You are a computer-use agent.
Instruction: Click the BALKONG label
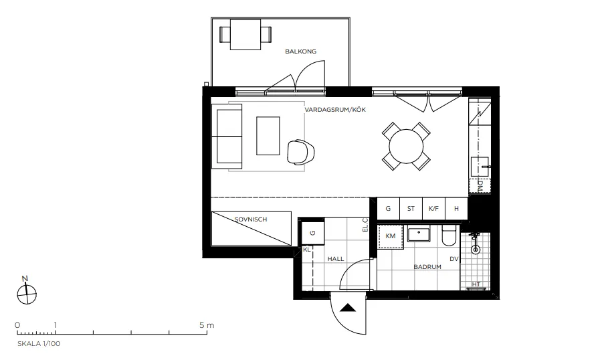coord(300,51)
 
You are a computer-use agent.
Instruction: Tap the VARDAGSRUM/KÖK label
coord(335,110)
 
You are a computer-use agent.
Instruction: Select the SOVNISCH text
coord(251,219)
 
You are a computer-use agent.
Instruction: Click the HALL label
coord(335,258)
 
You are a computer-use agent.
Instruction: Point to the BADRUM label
coord(427,266)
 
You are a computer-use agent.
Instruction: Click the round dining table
coord(406,145)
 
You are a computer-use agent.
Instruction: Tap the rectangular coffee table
coord(268,136)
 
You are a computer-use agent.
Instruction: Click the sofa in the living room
coord(228,137)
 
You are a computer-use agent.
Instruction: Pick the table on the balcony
coord(245,33)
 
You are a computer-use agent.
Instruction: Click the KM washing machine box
coord(391,236)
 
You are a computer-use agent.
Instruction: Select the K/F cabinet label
coord(433,209)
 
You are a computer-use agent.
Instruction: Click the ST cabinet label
coord(411,209)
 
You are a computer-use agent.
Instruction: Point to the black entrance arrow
coord(348,308)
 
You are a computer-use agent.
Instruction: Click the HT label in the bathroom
coord(476,284)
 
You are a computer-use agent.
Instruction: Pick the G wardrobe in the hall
coord(312,233)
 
